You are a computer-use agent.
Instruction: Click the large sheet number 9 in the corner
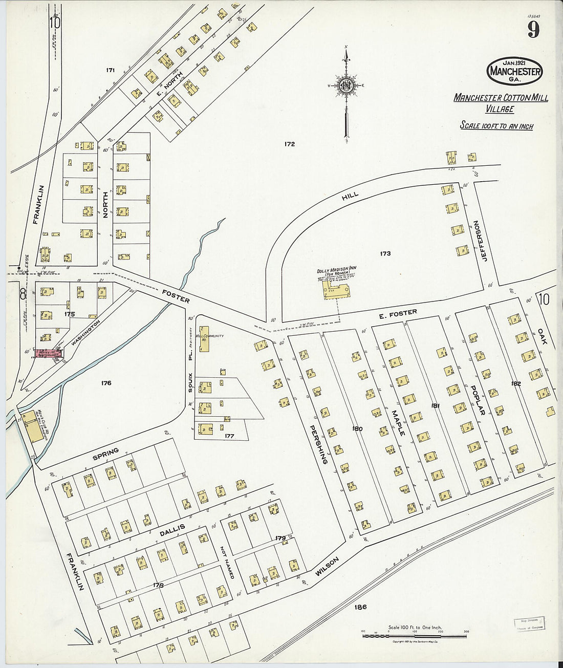(x=533, y=30)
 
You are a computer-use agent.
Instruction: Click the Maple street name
(x=398, y=423)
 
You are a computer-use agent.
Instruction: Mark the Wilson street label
(x=327, y=568)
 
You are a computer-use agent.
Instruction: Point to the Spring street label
(x=105, y=454)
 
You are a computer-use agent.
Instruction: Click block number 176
(x=106, y=383)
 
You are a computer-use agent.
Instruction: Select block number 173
(x=385, y=253)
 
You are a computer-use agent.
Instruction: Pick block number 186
(x=360, y=607)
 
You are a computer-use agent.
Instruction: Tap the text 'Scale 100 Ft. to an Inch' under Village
(x=496, y=126)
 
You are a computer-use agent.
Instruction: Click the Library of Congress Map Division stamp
(x=529, y=624)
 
